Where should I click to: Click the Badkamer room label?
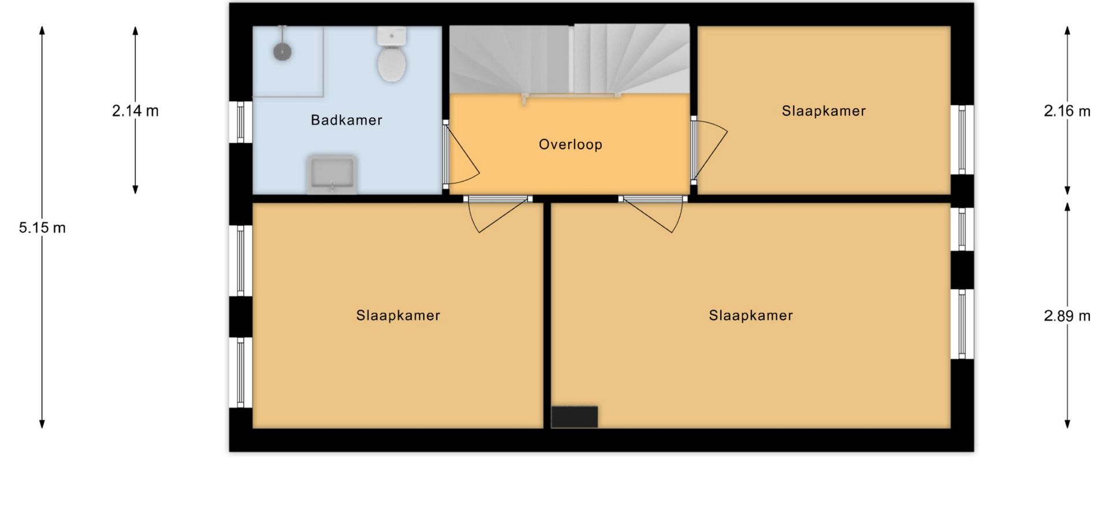point(347,120)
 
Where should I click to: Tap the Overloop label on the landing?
point(571,144)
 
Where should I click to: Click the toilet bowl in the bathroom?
point(392,64)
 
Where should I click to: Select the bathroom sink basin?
point(332,174)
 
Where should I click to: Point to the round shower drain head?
point(282,52)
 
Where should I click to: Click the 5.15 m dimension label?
point(42,228)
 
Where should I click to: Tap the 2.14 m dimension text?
point(135,111)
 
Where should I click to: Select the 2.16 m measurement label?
point(1067,111)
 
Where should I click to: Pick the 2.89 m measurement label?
point(1067,316)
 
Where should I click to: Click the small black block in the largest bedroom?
point(574,417)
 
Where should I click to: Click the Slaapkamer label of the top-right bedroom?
point(824,111)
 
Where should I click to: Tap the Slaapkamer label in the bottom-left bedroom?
point(398,315)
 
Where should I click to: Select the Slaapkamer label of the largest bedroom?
point(751,315)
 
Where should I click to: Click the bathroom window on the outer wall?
point(241,122)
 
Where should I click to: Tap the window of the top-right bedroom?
point(962,139)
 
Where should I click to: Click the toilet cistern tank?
point(392,36)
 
